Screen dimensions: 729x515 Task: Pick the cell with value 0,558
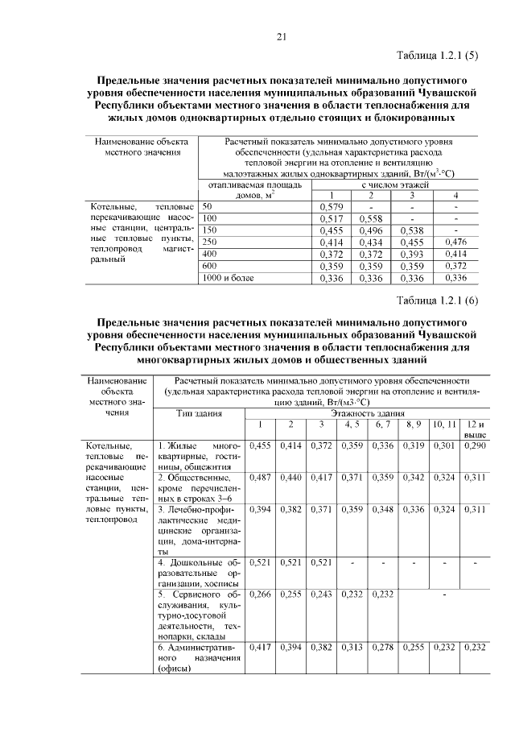370,218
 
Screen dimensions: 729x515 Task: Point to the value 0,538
411,230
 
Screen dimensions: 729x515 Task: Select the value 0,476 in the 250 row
455,242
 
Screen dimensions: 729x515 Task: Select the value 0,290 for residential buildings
476,445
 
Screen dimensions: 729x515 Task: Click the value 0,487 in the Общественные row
261,478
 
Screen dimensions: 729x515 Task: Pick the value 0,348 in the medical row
382,511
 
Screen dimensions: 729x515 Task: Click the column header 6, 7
382,424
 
